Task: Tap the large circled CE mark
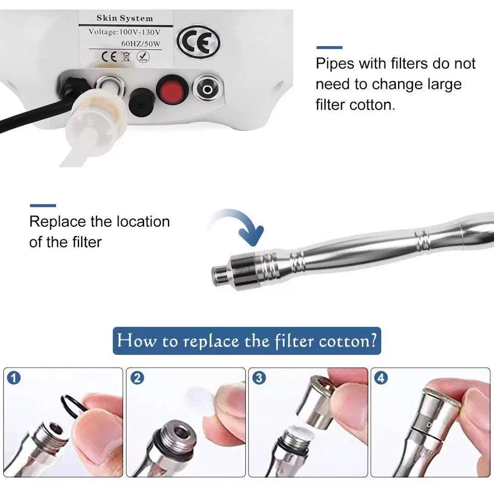(199, 42)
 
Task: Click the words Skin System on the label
(125, 18)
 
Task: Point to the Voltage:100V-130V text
(124, 32)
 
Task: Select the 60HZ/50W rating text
(141, 43)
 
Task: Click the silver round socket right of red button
(207, 89)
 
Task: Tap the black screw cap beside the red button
(141, 102)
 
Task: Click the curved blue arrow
(241, 223)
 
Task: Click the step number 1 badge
(14, 378)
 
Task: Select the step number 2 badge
(137, 378)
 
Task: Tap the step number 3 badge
(259, 378)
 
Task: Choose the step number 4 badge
(381, 378)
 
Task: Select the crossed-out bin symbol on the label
(126, 57)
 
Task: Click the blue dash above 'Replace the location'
(43, 205)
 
